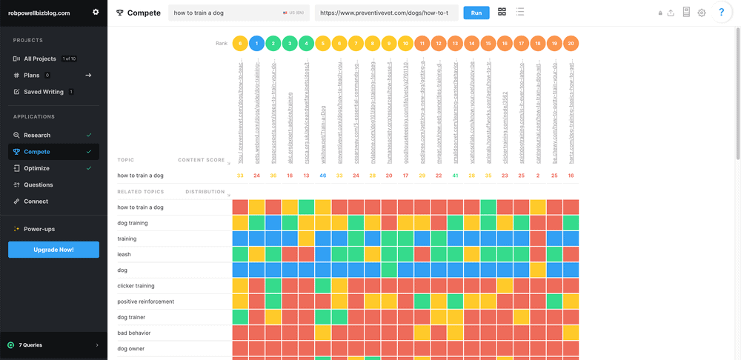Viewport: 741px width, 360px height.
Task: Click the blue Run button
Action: (x=476, y=13)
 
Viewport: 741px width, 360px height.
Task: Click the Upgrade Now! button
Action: (x=53, y=250)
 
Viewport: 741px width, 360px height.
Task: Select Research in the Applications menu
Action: (x=37, y=136)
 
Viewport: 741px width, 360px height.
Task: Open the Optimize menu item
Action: (x=37, y=168)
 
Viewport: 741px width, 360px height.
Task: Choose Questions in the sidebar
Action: (x=39, y=185)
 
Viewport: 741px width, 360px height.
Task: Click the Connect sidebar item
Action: (x=36, y=201)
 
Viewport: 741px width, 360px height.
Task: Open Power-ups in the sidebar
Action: (x=39, y=229)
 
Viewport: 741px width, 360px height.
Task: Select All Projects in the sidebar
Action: (x=39, y=59)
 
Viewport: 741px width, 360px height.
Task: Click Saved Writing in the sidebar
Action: (x=43, y=92)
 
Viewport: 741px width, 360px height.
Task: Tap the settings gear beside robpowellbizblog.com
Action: (x=96, y=12)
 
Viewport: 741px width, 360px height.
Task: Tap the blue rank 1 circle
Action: (x=256, y=44)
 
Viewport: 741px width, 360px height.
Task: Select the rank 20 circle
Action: (x=571, y=44)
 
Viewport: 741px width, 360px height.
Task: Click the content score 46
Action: (x=322, y=176)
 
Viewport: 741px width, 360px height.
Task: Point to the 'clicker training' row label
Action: (x=136, y=286)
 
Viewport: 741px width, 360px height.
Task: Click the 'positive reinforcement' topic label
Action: (x=146, y=301)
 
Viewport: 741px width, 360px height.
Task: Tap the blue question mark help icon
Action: (x=721, y=13)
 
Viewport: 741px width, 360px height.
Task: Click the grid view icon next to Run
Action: (x=502, y=12)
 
